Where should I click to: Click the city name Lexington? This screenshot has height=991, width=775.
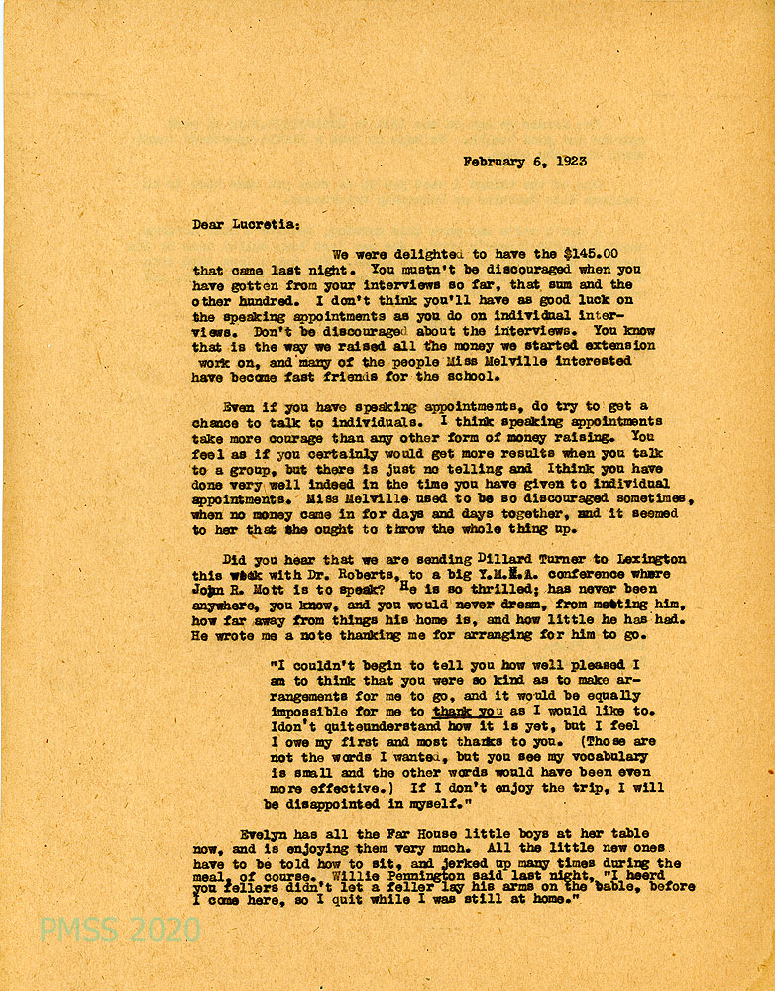pyautogui.click(x=647, y=559)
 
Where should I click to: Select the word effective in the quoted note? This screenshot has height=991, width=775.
pyautogui.click(x=348, y=789)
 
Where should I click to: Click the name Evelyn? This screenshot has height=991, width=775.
pyautogui.click(x=265, y=834)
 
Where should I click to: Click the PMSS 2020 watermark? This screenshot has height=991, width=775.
pyautogui.click(x=119, y=929)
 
